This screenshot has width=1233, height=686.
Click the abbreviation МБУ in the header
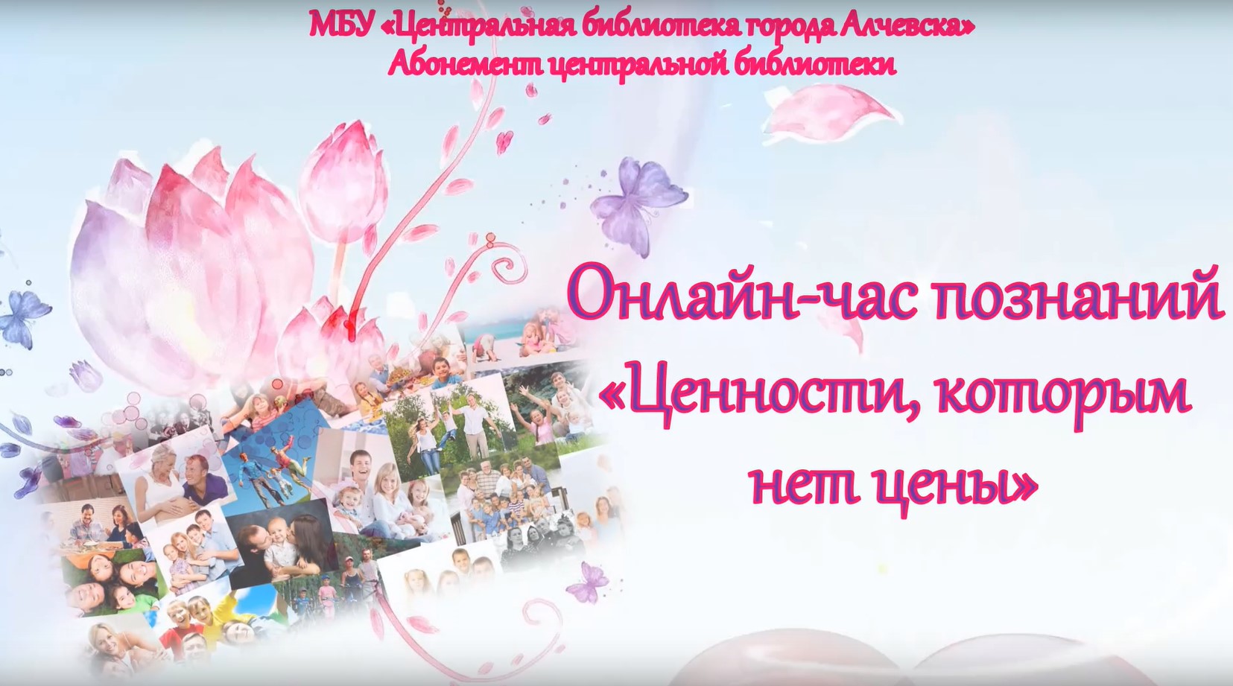[340, 26]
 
